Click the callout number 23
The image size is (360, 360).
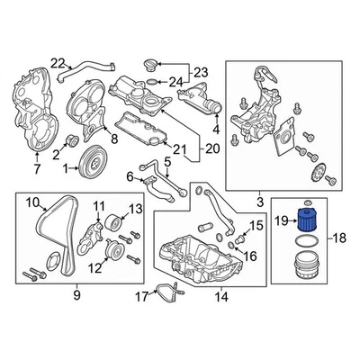(199, 72)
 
